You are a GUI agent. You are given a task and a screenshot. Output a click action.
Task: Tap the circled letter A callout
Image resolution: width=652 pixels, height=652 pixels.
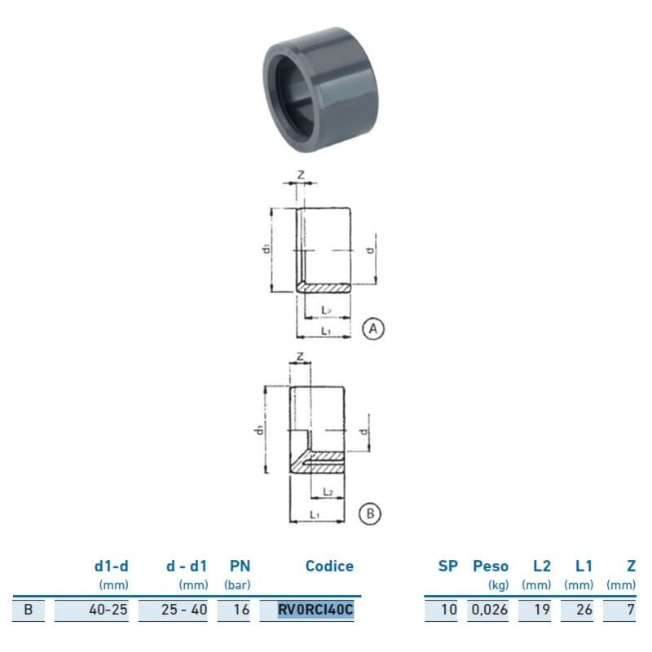point(372,328)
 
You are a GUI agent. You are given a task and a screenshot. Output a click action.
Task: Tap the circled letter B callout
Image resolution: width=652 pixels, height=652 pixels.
point(369,513)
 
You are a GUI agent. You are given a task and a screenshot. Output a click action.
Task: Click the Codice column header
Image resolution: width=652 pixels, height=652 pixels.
point(329,566)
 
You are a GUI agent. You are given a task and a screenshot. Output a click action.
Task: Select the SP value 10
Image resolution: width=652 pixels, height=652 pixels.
point(449,608)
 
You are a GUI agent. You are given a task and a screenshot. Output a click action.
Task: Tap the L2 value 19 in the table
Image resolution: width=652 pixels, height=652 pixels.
point(541,608)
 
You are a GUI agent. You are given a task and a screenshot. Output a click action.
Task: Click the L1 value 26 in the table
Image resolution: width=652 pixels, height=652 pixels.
point(583,608)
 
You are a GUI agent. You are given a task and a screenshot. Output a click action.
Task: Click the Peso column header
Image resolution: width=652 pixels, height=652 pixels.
point(491,566)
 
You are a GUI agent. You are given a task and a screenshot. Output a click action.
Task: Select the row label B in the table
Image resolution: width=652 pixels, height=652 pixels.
point(30,608)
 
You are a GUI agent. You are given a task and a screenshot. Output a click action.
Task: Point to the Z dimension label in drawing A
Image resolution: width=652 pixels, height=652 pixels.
point(300,174)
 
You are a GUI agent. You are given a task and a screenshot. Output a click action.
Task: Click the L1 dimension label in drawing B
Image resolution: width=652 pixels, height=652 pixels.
point(314,514)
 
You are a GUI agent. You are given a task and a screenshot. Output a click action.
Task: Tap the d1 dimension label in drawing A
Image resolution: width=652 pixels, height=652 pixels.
point(266,249)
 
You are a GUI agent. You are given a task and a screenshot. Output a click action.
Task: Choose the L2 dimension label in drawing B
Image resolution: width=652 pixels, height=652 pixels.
point(326,491)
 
